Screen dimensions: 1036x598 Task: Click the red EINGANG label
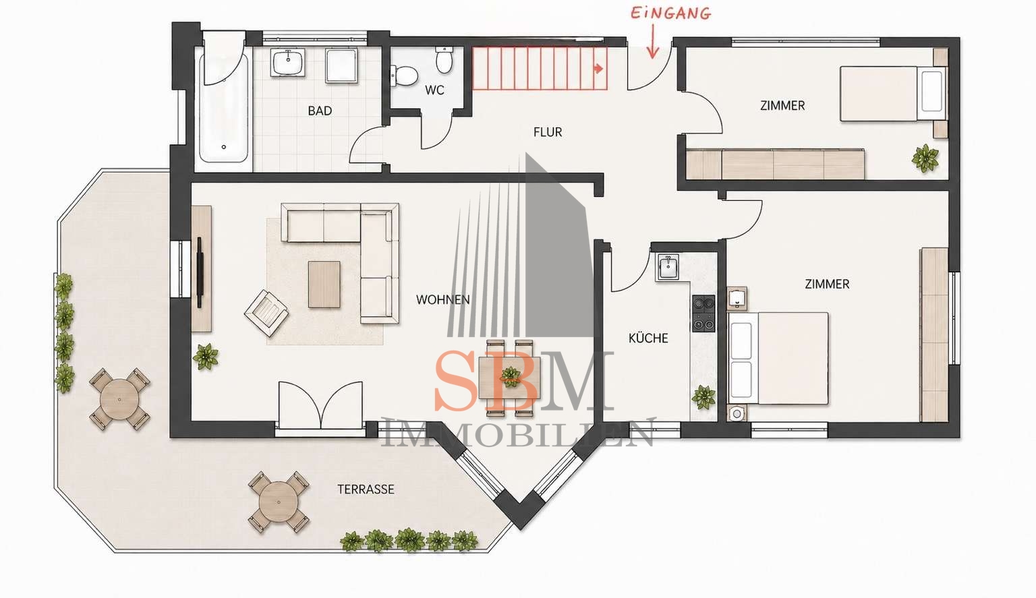[x=671, y=13]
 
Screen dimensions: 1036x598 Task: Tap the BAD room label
[x=320, y=111]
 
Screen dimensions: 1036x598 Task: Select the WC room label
[x=434, y=90]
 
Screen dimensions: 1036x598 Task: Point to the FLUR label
[x=548, y=132]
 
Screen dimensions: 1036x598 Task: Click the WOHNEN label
[x=442, y=300]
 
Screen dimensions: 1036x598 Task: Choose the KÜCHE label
[x=648, y=338]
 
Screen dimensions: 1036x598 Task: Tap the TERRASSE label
[x=366, y=489]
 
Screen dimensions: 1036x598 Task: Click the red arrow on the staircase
[x=598, y=69]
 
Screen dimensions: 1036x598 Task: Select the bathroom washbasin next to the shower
[x=289, y=63]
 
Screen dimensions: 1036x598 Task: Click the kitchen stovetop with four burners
[x=703, y=313]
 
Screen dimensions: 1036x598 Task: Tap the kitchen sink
[x=667, y=267]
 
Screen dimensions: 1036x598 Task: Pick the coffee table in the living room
[x=324, y=285]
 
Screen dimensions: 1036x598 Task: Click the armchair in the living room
[x=266, y=313]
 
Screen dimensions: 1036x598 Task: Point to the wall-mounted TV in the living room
[x=200, y=272]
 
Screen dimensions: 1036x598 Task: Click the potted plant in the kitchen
[x=703, y=397]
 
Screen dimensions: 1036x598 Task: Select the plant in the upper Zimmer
[x=925, y=158]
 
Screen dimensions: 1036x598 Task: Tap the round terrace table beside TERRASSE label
[x=279, y=502]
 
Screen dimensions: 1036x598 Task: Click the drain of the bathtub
[x=224, y=147]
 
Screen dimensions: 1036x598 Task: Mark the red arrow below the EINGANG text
[x=653, y=41]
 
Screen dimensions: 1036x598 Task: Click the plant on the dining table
[x=510, y=377]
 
